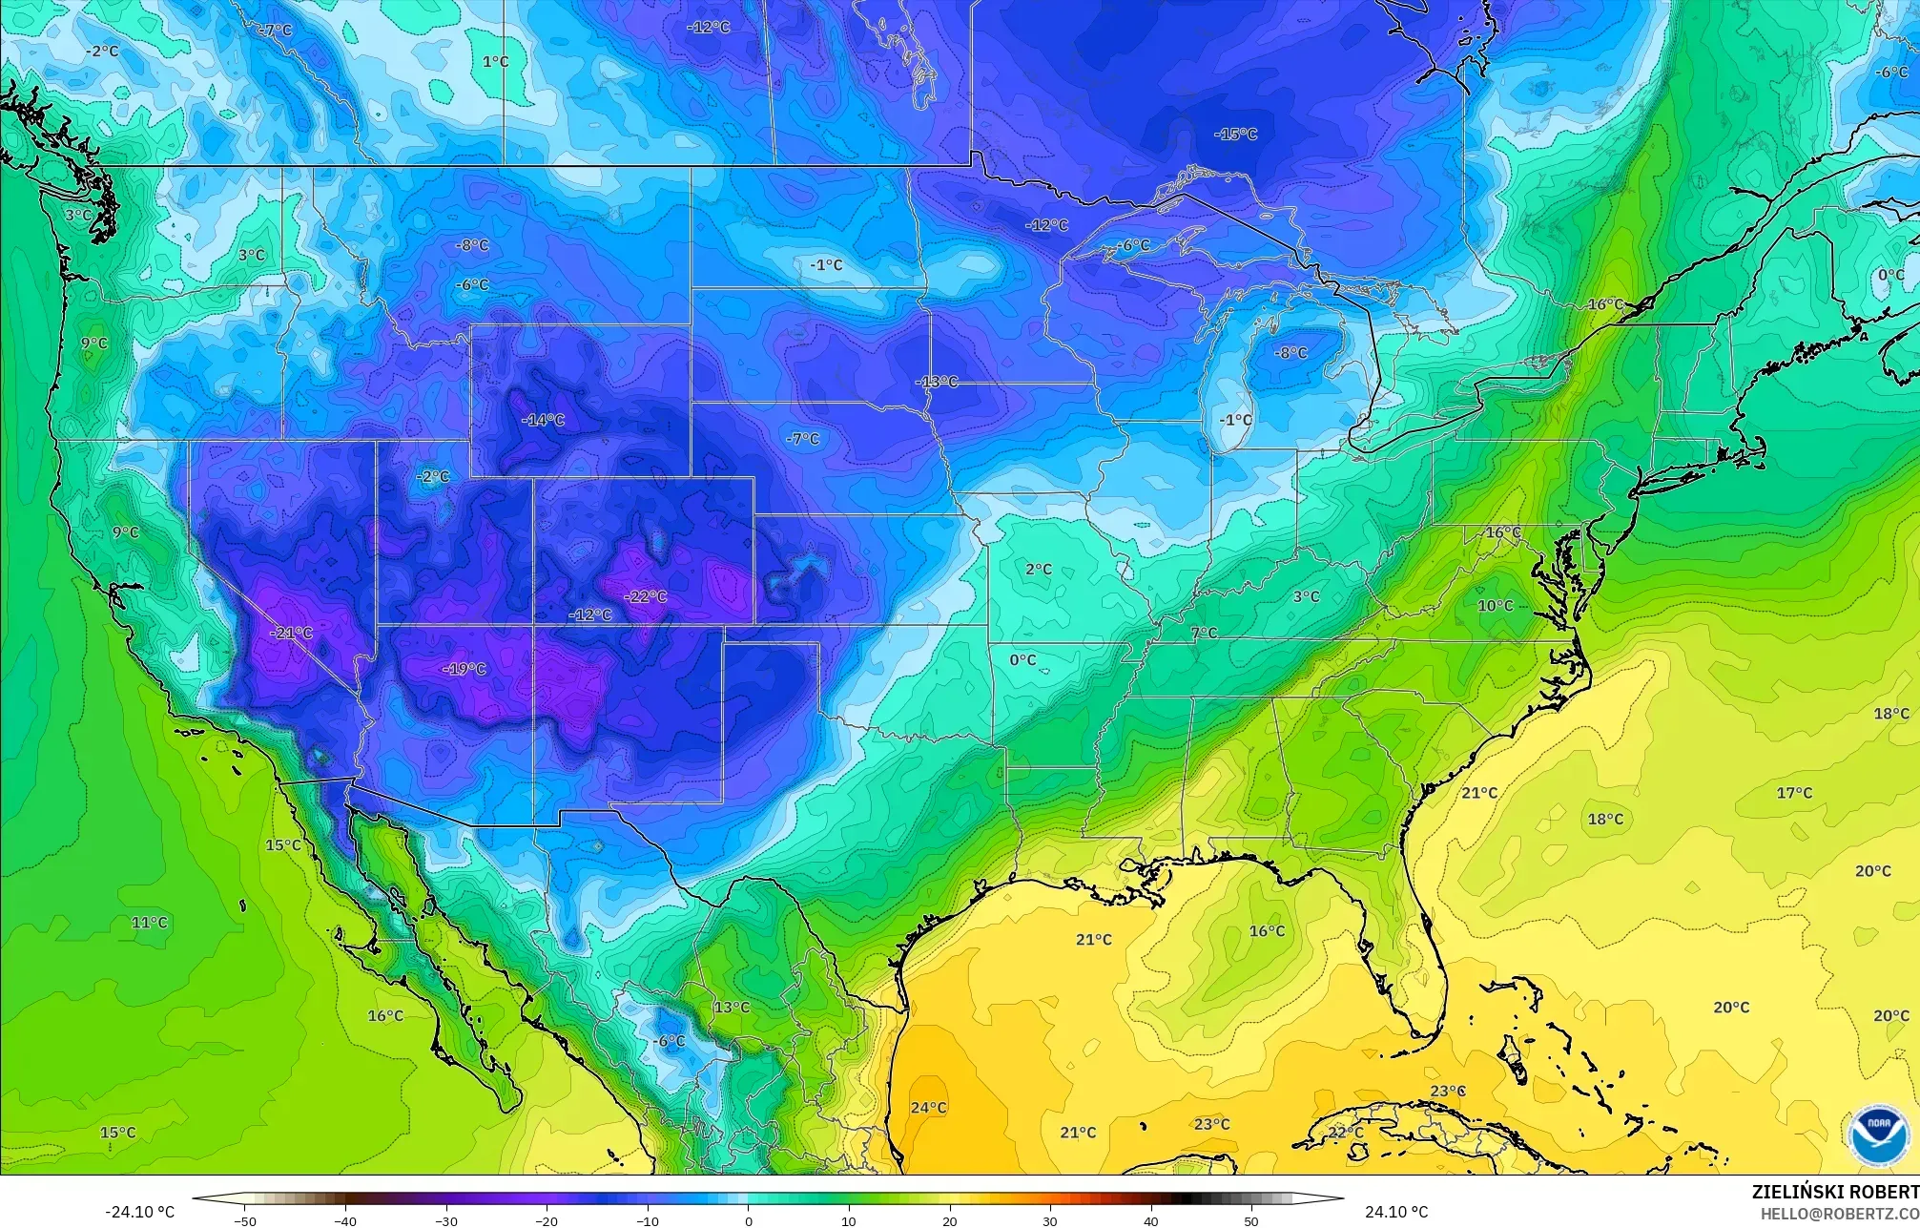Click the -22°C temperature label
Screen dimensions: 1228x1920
(646, 596)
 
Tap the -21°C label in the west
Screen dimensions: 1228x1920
(291, 633)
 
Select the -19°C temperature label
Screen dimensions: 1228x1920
(465, 669)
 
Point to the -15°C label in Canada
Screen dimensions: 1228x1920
(1235, 135)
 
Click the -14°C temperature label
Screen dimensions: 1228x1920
(544, 420)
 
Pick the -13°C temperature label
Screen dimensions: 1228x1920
(937, 382)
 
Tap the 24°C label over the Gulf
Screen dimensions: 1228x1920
(928, 1108)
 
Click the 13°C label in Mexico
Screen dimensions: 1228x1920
(732, 1008)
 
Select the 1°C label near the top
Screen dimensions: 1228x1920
(495, 62)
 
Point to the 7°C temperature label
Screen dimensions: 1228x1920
(1204, 633)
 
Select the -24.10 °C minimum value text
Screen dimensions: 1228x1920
(139, 1212)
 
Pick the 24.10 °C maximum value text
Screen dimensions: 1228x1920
(1396, 1212)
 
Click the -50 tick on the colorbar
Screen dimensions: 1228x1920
(245, 1221)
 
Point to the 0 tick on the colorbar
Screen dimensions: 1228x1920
(749, 1221)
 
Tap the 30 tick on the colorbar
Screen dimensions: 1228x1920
(1050, 1221)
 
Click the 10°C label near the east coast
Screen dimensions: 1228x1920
(1495, 606)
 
